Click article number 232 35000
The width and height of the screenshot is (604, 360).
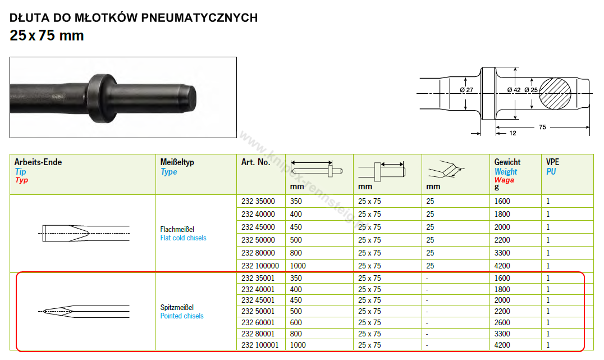pyautogui.click(x=258, y=201)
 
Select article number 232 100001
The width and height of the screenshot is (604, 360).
pyautogui.click(x=260, y=345)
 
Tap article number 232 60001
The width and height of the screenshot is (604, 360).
pyautogui.click(x=258, y=322)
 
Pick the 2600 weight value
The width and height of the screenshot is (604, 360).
pyautogui.click(x=502, y=322)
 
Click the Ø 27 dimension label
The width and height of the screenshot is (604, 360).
pyautogui.click(x=466, y=90)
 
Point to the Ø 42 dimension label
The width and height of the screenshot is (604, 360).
pyautogui.click(x=514, y=90)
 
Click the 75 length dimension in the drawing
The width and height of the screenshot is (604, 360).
pyautogui.click(x=542, y=127)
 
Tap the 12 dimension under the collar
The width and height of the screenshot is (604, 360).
pyautogui.click(x=513, y=133)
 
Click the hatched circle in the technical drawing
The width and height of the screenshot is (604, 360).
pyautogui.click(x=555, y=94)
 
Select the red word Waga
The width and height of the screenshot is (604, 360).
pyautogui.click(x=504, y=180)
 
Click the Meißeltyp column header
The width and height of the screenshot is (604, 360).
pyautogui.click(x=177, y=162)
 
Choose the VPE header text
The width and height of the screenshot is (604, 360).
pyautogui.click(x=552, y=162)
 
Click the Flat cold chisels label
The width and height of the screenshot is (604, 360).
pyautogui.click(x=184, y=238)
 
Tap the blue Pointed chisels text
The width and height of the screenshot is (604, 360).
pyautogui.click(x=182, y=316)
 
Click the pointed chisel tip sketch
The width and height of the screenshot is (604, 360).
pyautogui.click(x=84, y=312)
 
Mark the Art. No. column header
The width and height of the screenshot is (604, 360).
pyautogui.click(x=256, y=162)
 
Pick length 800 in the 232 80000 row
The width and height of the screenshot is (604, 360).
pyautogui.click(x=296, y=253)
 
